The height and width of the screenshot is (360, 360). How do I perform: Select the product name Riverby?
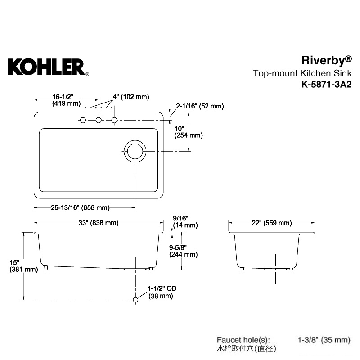(x=327, y=61)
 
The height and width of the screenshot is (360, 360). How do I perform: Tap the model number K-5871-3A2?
(x=327, y=85)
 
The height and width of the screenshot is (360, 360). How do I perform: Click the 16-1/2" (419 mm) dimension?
(x=66, y=100)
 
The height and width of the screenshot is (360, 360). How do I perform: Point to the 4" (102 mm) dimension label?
(x=131, y=97)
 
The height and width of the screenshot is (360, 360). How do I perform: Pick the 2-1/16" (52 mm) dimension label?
(x=200, y=106)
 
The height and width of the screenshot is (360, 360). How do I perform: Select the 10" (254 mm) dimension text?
(x=189, y=132)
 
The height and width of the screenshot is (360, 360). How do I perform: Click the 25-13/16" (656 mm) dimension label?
(x=80, y=207)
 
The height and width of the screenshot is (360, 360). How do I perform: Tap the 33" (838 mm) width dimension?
(x=99, y=223)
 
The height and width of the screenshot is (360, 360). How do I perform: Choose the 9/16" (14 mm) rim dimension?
(x=185, y=221)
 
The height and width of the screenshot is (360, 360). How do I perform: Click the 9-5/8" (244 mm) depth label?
(x=183, y=251)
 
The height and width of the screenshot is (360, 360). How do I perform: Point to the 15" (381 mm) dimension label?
(x=24, y=266)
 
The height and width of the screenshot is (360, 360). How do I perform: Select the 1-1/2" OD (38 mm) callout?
(x=162, y=292)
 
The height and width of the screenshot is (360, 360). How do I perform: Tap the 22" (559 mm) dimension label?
(x=272, y=223)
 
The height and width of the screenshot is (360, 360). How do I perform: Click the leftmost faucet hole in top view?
(x=83, y=120)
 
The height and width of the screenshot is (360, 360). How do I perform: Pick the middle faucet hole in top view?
(x=99, y=120)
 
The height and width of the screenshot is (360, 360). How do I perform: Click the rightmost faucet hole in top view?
(x=114, y=120)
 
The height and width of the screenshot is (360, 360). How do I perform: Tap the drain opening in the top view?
(x=135, y=151)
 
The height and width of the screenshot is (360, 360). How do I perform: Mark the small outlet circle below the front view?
(x=135, y=300)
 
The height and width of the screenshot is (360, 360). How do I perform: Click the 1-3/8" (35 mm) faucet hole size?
(x=324, y=340)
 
